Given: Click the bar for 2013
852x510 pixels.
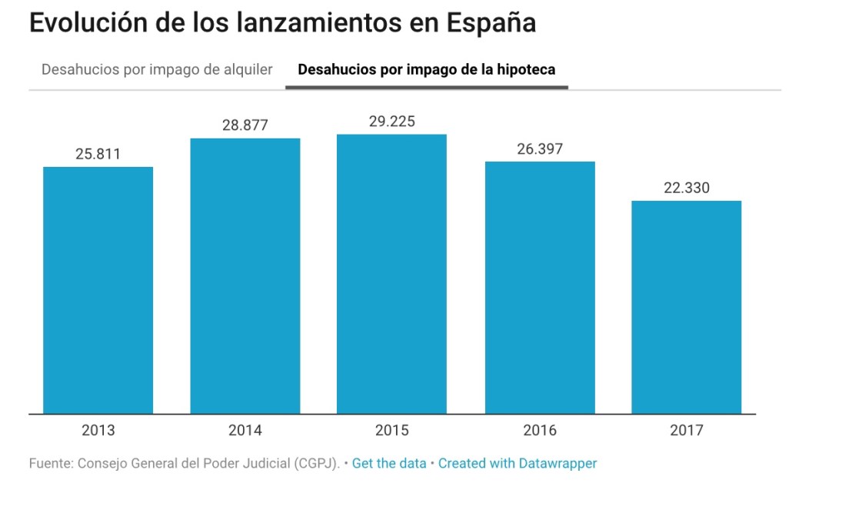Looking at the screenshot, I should [98, 290].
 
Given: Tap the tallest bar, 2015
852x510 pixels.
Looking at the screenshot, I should [392, 274].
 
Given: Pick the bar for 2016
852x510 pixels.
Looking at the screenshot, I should [540, 288].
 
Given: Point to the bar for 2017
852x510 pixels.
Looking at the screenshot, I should [687, 307].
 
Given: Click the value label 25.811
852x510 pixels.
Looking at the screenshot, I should [98, 154].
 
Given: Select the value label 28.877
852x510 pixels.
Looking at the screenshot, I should [245, 125].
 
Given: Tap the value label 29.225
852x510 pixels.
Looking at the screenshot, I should [392, 122].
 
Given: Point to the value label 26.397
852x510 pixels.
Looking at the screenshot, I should [540, 148].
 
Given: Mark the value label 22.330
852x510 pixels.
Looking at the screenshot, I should [687, 188].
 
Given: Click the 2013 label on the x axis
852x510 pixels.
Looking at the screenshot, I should [98, 431].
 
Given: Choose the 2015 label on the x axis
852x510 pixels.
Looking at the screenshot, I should [392, 431].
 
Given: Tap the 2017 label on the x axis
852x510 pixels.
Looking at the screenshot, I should [687, 431].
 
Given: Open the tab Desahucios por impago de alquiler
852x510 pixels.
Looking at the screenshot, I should [157, 70].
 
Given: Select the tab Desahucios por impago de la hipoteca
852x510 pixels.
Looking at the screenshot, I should [426, 70].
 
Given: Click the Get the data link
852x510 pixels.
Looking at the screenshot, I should [389, 463].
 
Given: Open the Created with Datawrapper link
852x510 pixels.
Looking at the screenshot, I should [518, 463].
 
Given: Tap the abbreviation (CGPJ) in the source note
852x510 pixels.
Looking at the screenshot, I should [314, 463].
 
